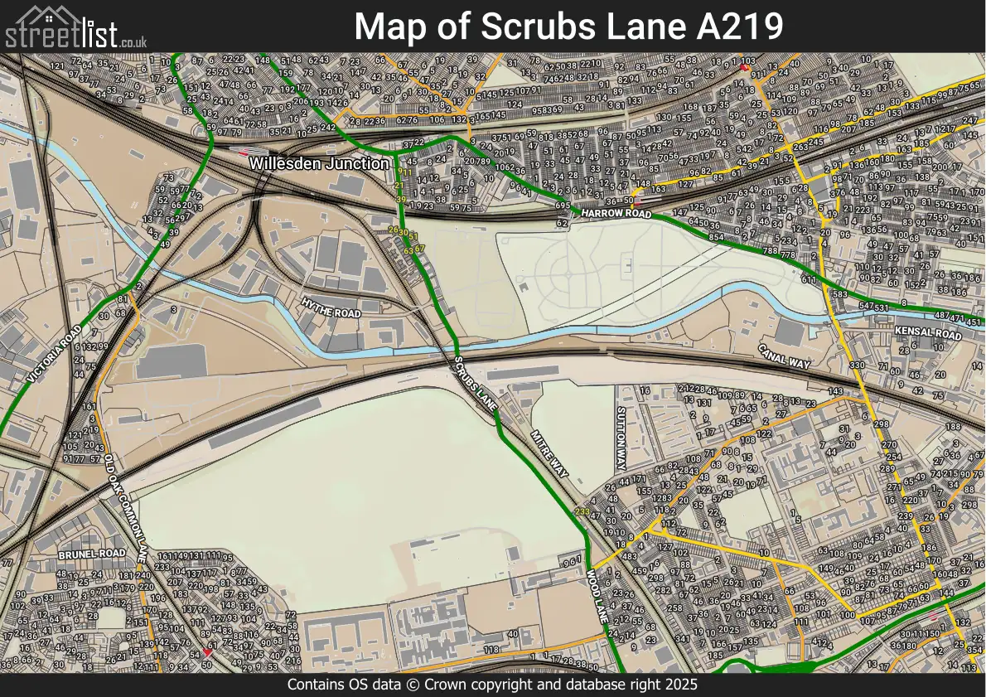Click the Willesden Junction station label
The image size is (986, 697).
(x=319, y=164)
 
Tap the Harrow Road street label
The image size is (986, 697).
(x=616, y=214)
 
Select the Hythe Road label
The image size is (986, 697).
(x=331, y=308)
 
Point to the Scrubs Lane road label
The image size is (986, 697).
(x=476, y=385)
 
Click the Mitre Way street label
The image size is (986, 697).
(x=551, y=453)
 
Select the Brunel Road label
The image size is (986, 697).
(x=91, y=553)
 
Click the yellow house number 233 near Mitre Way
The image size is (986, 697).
(x=582, y=512)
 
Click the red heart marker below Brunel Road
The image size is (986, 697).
(x=208, y=653)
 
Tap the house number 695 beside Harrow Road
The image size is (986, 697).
(x=563, y=206)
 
